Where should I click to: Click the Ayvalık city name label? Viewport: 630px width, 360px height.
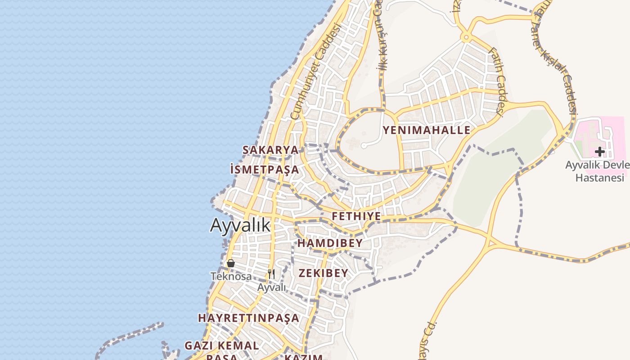tap(240, 225)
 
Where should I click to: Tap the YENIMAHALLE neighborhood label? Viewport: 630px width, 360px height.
tap(426, 130)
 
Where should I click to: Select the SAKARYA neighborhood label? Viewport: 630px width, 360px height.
tap(270, 150)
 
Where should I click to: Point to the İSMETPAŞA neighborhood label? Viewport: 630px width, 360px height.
tap(264, 170)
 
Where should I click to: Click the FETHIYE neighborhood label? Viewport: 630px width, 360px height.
tap(356, 216)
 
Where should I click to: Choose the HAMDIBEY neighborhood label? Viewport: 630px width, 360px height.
tap(330, 243)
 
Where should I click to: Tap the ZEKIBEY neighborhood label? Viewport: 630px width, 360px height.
tap(324, 273)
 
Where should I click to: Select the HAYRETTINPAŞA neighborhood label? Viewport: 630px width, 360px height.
tap(248, 318)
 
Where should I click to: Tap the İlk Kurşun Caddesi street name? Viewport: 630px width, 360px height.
tap(382, 45)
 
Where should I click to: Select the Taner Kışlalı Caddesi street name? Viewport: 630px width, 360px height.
tap(558, 72)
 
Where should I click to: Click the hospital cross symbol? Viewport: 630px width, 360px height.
tap(599, 152)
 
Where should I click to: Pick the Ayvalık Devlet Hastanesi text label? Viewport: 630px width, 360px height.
tap(598, 171)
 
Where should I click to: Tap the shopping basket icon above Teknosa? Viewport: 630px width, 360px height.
tap(231, 263)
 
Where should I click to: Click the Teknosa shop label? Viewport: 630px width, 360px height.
tap(231, 276)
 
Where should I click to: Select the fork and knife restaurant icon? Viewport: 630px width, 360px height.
tap(271, 274)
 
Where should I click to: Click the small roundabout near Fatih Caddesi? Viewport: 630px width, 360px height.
tap(466, 37)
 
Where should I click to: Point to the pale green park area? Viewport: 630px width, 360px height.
tap(490, 180)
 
